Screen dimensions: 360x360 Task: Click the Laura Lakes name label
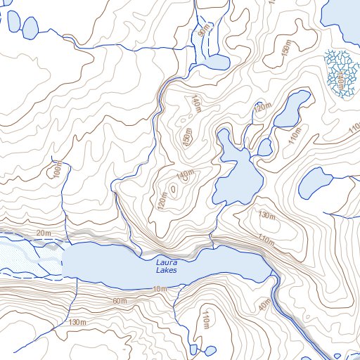tap(167, 266)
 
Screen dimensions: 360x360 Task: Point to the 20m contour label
tap(44, 233)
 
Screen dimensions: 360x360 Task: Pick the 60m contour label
tap(120, 301)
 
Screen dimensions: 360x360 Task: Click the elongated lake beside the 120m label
tap(290, 109)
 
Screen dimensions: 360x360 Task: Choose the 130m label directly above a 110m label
tap(265, 214)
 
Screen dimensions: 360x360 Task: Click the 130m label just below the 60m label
tap(77, 321)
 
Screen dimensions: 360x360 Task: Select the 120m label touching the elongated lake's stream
tap(262, 108)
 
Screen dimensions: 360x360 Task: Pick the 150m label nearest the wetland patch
tap(285, 51)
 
